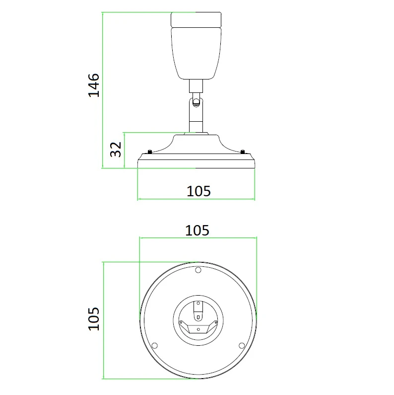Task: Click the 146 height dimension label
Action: (x=94, y=85)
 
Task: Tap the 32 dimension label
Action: (x=116, y=150)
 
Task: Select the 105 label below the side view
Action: (x=198, y=191)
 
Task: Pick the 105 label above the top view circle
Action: (x=197, y=231)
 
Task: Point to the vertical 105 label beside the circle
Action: (x=94, y=318)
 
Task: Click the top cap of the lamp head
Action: (x=196, y=19)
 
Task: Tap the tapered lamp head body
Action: (x=196, y=53)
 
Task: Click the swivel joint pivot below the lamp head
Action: (x=196, y=101)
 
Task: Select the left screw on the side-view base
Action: (x=150, y=152)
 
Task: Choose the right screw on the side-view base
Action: (x=243, y=152)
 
